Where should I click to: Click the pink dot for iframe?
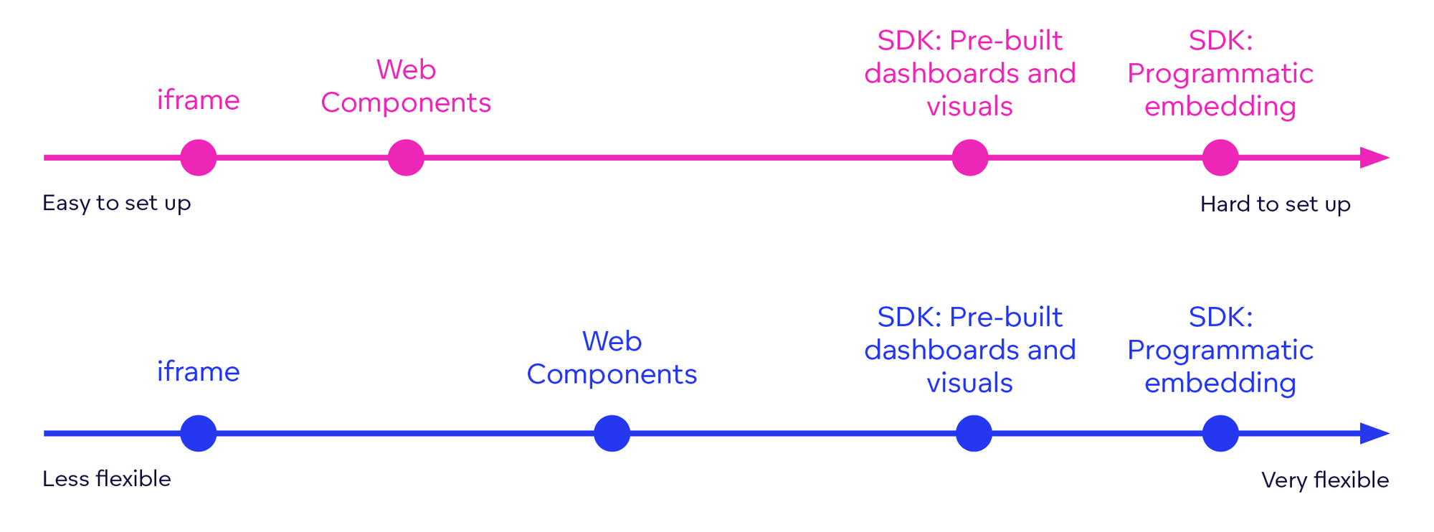click(199, 158)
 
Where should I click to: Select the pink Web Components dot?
click(406, 158)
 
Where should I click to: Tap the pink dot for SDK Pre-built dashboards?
click(969, 158)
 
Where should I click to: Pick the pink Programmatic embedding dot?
click(1220, 158)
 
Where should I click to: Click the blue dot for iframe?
click(199, 433)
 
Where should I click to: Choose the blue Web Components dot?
click(612, 433)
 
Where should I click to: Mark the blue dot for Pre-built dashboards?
click(974, 433)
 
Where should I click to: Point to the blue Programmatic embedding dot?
click(1220, 433)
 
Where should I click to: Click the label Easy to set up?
click(116, 203)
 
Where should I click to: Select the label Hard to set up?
click(1275, 204)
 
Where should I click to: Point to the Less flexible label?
click(106, 479)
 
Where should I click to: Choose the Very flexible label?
click(1324, 480)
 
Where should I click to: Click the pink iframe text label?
click(198, 100)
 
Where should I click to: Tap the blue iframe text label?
click(198, 371)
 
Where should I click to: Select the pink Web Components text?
click(406, 86)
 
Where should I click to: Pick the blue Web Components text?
click(612, 358)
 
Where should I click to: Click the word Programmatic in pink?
click(1220, 73)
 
